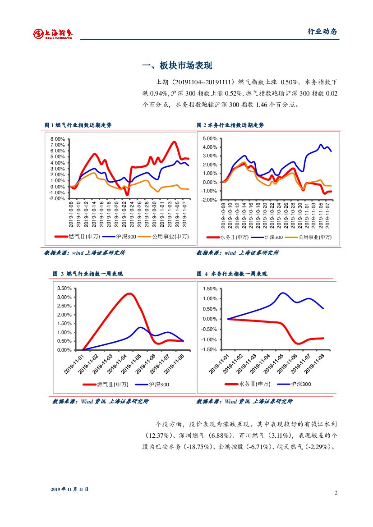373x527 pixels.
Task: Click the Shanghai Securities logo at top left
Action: [53, 33]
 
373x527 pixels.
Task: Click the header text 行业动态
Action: [322, 32]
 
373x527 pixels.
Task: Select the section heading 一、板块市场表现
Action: [177, 66]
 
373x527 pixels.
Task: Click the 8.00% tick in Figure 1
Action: [58, 139]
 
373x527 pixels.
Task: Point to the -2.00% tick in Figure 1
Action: [57, 199]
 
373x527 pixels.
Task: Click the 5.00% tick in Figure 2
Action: [210, 139]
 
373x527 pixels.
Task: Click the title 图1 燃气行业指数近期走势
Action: [78, 125]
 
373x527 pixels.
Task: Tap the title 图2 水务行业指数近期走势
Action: [230, 125]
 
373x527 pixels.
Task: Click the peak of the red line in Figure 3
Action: [129, 294]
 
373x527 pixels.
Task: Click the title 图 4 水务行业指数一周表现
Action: [232, 274]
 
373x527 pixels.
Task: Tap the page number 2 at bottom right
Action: [336, 492]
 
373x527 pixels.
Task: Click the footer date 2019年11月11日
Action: [69, 489]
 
